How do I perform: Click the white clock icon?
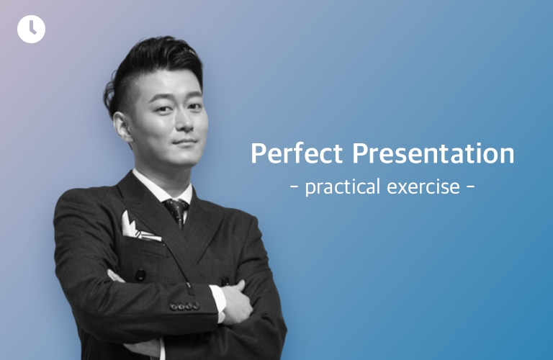tap(31, 29)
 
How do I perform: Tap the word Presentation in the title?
tap(433, 153)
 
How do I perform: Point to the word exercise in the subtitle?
tap(423, 187)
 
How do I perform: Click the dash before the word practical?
tap(294, 186)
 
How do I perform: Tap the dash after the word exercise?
tap(470, 186)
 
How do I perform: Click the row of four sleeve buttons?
tap(185, 307)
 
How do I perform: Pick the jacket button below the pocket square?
tap(140, 274)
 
